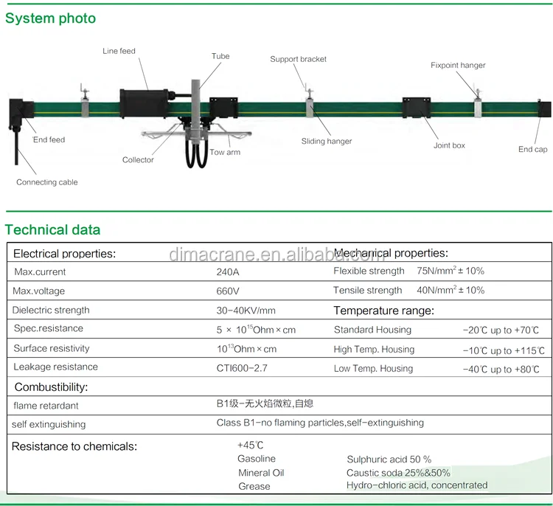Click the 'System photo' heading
click(50, 18)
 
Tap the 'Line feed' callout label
click(119, 52)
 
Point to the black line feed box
click(145, 103)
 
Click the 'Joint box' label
click(449, 145)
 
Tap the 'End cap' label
click(532, 149)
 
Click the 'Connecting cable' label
click(47, 182)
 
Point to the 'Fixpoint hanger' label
click(458, 65)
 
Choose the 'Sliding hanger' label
click(327, 141)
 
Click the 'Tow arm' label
click(225, 152)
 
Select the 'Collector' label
click(138, 160)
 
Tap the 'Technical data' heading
click(52, 229)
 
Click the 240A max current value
click(228, 272)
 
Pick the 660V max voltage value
click(228, 291)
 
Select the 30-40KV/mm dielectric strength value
click(246, 311)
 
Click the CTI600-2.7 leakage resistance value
click(241, 367)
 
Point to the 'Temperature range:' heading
click(383, 311)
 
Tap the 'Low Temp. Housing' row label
click(373, 369)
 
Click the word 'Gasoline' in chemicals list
click(257, 459)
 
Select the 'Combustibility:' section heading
click(51, 387)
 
